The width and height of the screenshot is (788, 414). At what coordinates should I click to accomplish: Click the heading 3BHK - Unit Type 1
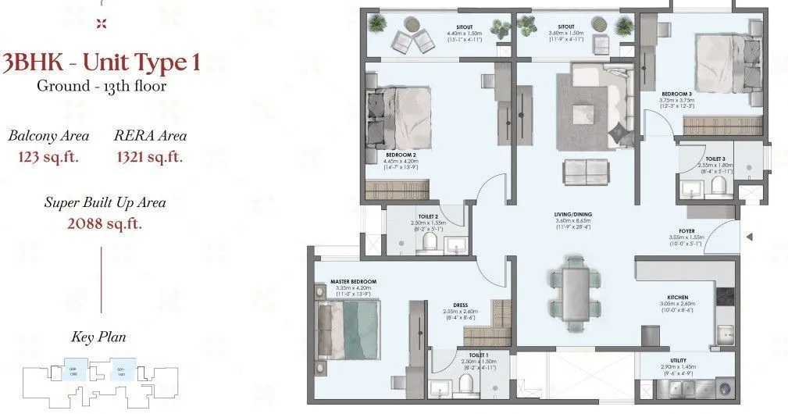pos(101,62)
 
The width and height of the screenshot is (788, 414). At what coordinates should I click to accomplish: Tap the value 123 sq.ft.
pos(48,157)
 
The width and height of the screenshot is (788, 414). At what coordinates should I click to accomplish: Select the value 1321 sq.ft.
pos(150,157)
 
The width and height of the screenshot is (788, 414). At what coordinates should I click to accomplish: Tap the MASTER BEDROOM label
pos(353,281)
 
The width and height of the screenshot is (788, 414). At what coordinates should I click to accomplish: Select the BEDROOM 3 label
pos(676,93)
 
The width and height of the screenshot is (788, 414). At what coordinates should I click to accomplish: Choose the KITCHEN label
pos(677,296)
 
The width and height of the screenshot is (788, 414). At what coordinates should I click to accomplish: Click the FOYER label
pos(686,231)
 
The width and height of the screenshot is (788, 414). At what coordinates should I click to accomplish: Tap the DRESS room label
pos(460,306)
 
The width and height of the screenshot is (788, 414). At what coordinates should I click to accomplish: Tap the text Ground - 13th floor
pos(102,87)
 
